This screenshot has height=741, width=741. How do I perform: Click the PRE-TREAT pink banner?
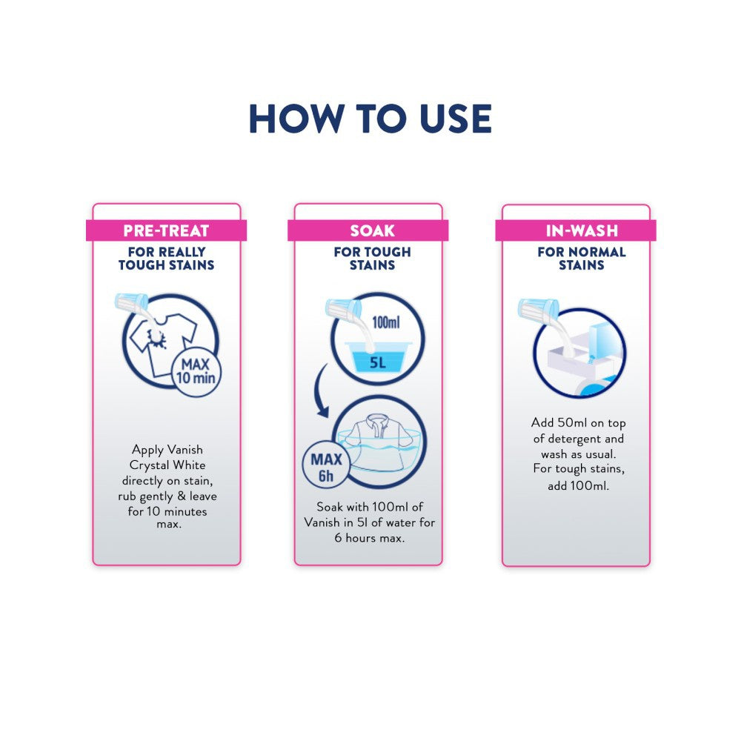(x=166, y=230)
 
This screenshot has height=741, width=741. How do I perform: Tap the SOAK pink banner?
(x=368, y=230)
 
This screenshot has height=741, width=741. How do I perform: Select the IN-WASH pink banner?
(x=576, y=230)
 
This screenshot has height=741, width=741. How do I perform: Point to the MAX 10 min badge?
(x=196, y=371)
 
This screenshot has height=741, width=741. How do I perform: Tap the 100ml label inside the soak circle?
(x=385, y=322)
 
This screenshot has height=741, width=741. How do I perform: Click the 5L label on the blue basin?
(x=378, y=362)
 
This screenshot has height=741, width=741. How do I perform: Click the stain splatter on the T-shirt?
(x=157, y=338)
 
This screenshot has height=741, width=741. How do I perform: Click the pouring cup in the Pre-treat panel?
(x=131, y=302)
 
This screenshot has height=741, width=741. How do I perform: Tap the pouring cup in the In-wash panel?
(x=538, y=308)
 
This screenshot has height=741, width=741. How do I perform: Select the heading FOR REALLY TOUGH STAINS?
(x=166, y=259)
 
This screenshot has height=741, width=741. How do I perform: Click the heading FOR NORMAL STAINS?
(x=582, y=259)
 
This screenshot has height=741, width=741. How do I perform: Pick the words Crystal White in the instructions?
(x=167, y=465)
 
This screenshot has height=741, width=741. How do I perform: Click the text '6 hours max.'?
(x=370, y=538)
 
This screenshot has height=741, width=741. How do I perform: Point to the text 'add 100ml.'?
(x=579, y=486)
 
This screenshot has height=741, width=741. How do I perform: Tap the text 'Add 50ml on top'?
(x=579, y=423)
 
